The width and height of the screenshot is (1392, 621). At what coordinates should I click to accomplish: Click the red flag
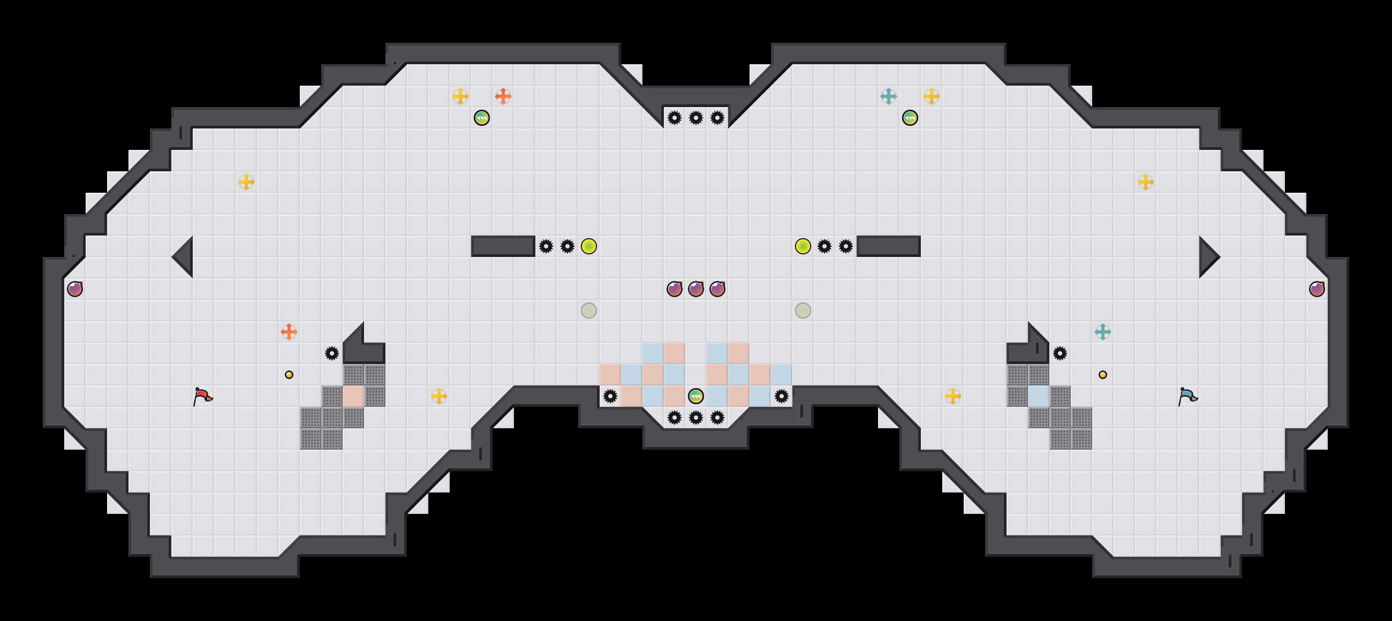point(202,396)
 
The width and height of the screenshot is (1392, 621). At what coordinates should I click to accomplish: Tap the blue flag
point(1187,396)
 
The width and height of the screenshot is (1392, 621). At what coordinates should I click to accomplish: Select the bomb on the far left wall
point(75,289)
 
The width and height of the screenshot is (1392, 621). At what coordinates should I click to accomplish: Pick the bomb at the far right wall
point(1317,289)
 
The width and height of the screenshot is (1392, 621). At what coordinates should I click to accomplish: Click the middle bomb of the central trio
point(696,289)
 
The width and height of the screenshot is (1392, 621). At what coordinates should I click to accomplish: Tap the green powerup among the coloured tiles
point(696,396)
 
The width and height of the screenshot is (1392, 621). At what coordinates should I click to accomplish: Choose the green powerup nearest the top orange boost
point(481,118)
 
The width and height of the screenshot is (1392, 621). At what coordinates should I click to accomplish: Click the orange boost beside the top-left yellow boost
point(503,96)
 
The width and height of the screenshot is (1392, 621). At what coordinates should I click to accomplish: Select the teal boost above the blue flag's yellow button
point(1102,332)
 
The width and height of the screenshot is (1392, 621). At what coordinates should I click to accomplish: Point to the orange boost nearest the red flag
point(289,332)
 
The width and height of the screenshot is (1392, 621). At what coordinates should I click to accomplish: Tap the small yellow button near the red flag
point(289,375)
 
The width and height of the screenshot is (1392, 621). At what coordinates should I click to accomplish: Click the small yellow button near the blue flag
point(1102,375)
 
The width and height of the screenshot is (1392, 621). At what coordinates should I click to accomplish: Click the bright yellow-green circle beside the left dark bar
point(588,246)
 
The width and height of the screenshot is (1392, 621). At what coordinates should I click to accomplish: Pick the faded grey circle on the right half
point(803,310)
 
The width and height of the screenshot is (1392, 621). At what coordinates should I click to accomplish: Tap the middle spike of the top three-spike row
point(696,118)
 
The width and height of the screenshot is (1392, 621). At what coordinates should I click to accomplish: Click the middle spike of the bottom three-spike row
point(696,417)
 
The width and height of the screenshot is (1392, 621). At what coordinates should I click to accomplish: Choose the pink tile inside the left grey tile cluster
point(353,396)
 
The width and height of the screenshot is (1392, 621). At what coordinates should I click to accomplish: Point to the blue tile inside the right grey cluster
point(1038,396)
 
